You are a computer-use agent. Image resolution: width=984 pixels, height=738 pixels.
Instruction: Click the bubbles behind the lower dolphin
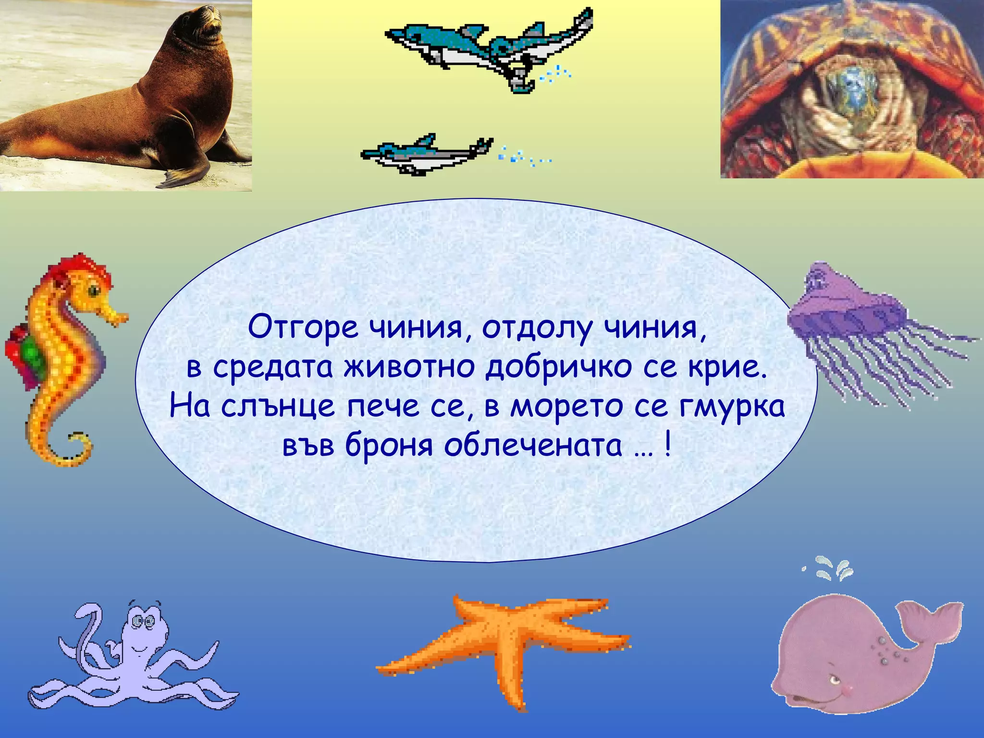(x=524, y=156)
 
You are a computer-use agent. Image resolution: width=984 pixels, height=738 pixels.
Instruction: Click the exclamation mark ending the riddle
(x=667, y=446)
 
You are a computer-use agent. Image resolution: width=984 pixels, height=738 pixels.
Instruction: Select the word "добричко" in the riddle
(x=557, y=368)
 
